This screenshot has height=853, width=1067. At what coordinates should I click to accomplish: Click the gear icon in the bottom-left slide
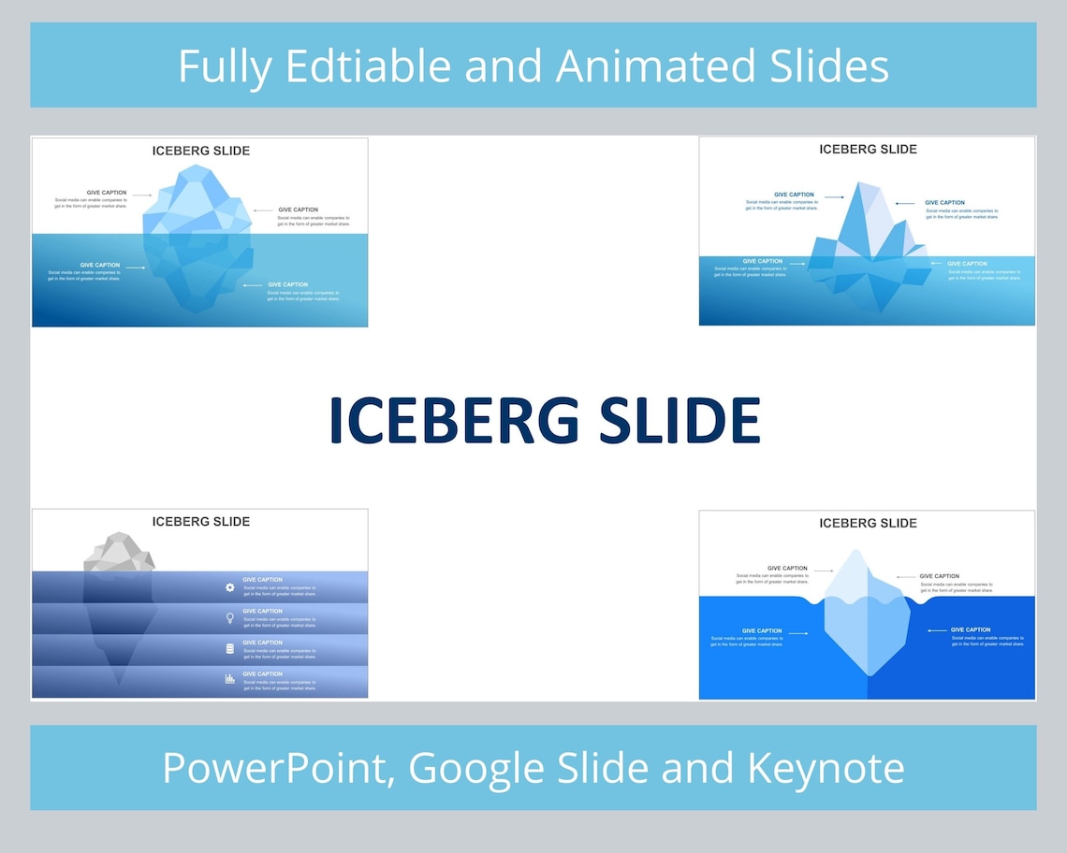pyautogui.click(x=230, y=587)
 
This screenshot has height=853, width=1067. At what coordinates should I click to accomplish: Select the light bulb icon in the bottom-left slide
pyautogui.click(x=230, y=618)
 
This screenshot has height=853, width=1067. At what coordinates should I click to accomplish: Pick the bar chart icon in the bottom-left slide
pyautogui.click(x=230, y=679)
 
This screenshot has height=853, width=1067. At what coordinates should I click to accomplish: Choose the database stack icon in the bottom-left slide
pyautogui.click(x=230, y=649)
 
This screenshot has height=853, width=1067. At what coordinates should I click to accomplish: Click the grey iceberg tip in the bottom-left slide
pyautogui.click(x=118, y=553)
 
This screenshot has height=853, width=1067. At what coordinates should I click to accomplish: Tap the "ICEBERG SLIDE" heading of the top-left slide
pyautogui.click(x=200, y=151)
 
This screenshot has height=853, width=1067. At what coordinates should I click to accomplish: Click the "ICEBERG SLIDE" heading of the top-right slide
pyautogui.click(x=868, y=150)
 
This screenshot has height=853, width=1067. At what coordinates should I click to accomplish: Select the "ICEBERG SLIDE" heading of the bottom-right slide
pyautogui.click(x=868, y=523)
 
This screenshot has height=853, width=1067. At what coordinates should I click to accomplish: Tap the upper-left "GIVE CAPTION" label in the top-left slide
pyautogui.click(x=107, y=193)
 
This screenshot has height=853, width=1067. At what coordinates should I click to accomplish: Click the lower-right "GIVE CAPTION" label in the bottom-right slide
pyautogui.click(x=971, y=630)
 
